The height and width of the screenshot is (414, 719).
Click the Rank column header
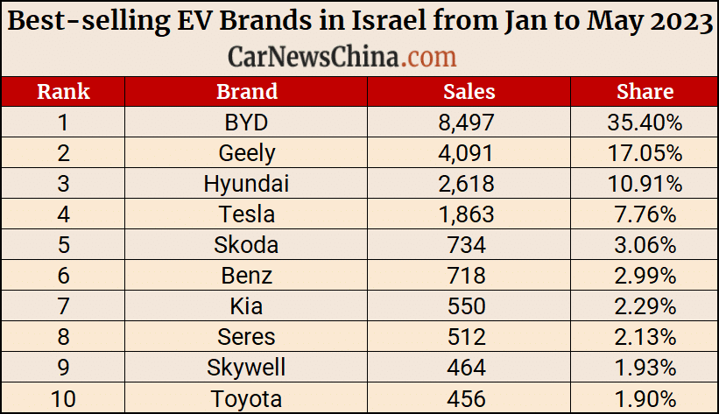coord(63,91)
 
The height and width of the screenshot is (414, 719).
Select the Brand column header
coord(246,91)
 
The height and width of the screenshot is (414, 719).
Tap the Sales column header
coord(469,91)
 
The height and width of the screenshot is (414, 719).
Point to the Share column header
coord(645,91)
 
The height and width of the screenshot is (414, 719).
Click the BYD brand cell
coord(246,122)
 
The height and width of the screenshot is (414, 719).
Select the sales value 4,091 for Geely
coord(467,153)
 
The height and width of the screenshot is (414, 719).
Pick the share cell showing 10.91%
coord(645,184)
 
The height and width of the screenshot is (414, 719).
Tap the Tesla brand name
coord(246,214)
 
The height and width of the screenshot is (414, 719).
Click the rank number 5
coord(63,245)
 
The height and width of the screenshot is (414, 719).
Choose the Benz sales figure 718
coord(467,276)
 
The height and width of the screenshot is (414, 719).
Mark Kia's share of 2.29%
coord(645,306)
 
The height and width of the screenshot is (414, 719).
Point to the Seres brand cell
coord(246,337)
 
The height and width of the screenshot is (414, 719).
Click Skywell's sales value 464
coord(467,368)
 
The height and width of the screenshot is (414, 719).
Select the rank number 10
coord(63,399)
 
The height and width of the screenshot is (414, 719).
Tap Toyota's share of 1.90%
coord(645,399)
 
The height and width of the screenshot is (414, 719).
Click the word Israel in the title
coord(419,23)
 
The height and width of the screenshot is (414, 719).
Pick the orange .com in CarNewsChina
coord(431,57)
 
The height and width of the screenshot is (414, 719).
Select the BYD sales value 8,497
coord(467,122)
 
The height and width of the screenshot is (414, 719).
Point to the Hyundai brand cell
coord(246,184)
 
